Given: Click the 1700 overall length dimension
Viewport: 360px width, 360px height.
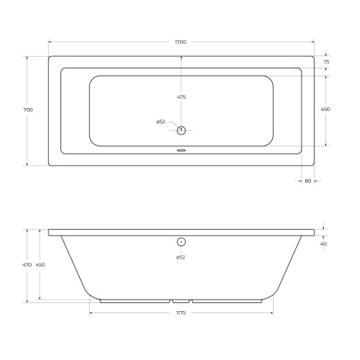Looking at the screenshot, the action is [181, 42].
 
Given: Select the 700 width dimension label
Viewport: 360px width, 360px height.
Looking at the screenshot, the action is [28, 110].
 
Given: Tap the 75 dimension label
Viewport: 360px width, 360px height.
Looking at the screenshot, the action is [326, 62].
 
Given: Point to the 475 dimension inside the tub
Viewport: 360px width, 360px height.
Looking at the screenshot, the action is [181, 97].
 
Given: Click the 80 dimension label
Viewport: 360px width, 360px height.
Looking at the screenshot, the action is [308, 181].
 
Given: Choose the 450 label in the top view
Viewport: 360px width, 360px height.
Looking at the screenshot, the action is [325, 109].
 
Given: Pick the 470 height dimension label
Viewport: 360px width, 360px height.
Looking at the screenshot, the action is [27, 265].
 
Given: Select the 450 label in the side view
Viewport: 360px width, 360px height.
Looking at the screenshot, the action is [40, 265].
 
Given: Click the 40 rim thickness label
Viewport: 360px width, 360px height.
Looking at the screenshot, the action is [323, 244].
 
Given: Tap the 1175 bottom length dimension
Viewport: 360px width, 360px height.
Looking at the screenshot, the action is [181, 313].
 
